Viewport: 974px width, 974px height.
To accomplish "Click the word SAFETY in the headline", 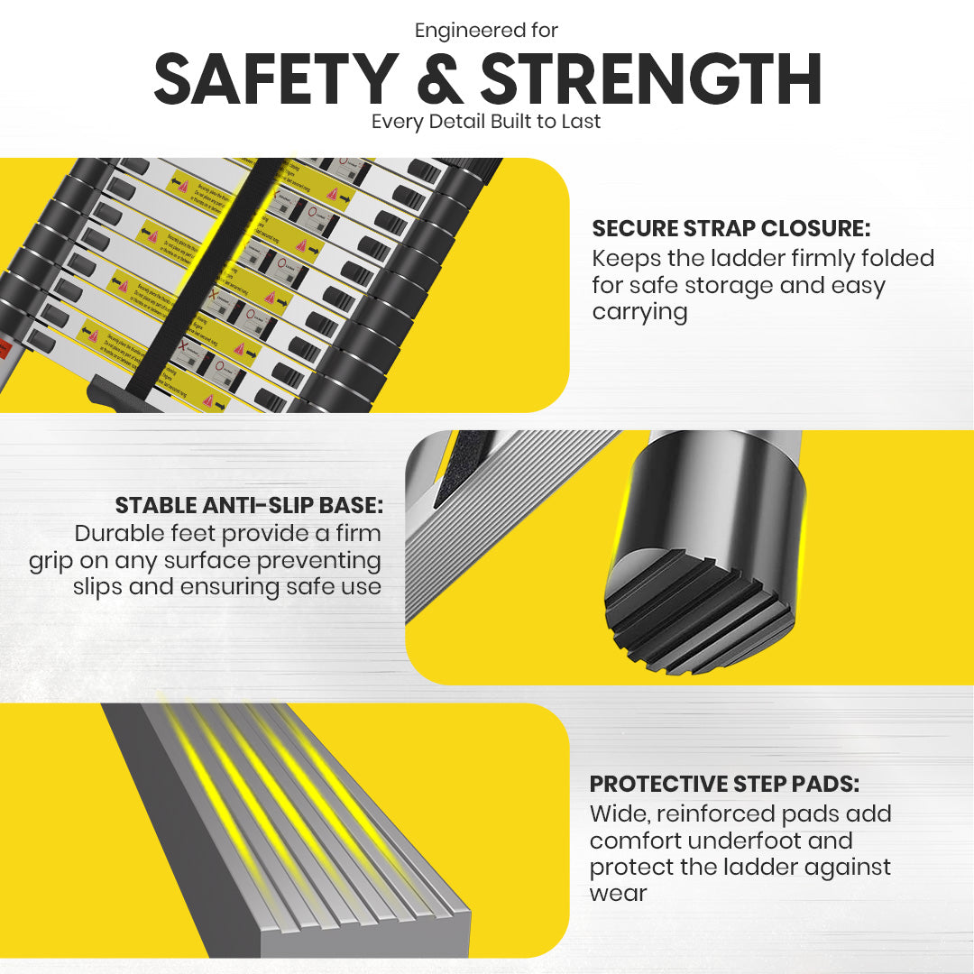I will pyautogui.click(x=276, y=80).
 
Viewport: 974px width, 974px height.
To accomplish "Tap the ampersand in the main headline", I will pyautogui.click(x=446, y=80).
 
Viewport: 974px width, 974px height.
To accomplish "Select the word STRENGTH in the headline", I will pyautogui.click(x=651, y=80).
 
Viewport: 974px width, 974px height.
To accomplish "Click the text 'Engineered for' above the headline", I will pyautogui.click(x=486, y=30).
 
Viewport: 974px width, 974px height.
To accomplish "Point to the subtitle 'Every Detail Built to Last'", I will pyautogui.click(x=486, y=121).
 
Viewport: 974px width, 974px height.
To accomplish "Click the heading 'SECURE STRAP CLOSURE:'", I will pyautogui.click(x=730, y=228).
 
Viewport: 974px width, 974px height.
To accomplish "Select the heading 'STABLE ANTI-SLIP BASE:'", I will pyautogui.click(x=249, y=504).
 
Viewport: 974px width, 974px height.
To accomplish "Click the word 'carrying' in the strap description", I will pyautogui.click(x=640, y=312).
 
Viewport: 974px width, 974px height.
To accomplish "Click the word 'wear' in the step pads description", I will pyautogui.click(x=618, y=894).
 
